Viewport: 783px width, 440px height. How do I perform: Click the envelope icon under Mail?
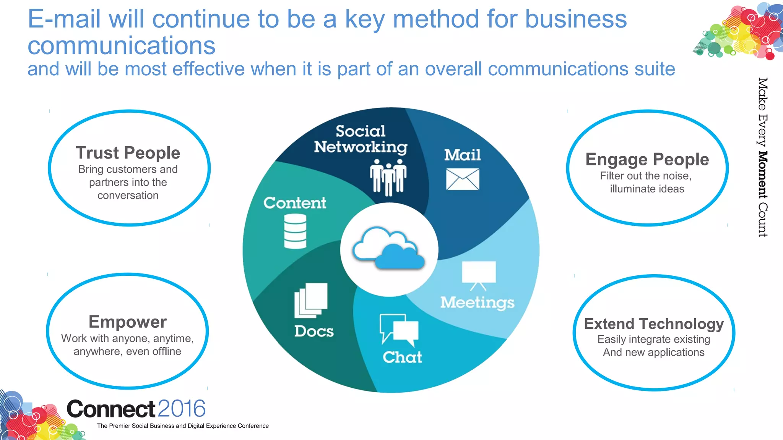coord(462,179)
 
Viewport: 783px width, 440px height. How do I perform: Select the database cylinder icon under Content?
coord(295,231)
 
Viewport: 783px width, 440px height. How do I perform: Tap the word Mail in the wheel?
coord(462,155)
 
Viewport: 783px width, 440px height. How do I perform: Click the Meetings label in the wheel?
coord(477,302)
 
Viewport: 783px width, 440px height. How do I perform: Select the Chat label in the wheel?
coord(402,357)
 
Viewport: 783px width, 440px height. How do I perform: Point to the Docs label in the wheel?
coord(314,331)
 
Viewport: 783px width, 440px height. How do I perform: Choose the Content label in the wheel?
coord(295,203)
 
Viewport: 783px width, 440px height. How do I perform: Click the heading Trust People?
coord(128,153)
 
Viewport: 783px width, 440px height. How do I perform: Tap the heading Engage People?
coord(647,159)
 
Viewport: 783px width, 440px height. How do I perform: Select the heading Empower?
coord(128,322)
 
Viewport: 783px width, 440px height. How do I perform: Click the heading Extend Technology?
coord(654,324)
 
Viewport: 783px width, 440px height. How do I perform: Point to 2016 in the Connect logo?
coord(182,409)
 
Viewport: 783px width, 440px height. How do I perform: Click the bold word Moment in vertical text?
coord(762,175)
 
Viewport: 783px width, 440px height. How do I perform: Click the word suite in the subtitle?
coord(655,69)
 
